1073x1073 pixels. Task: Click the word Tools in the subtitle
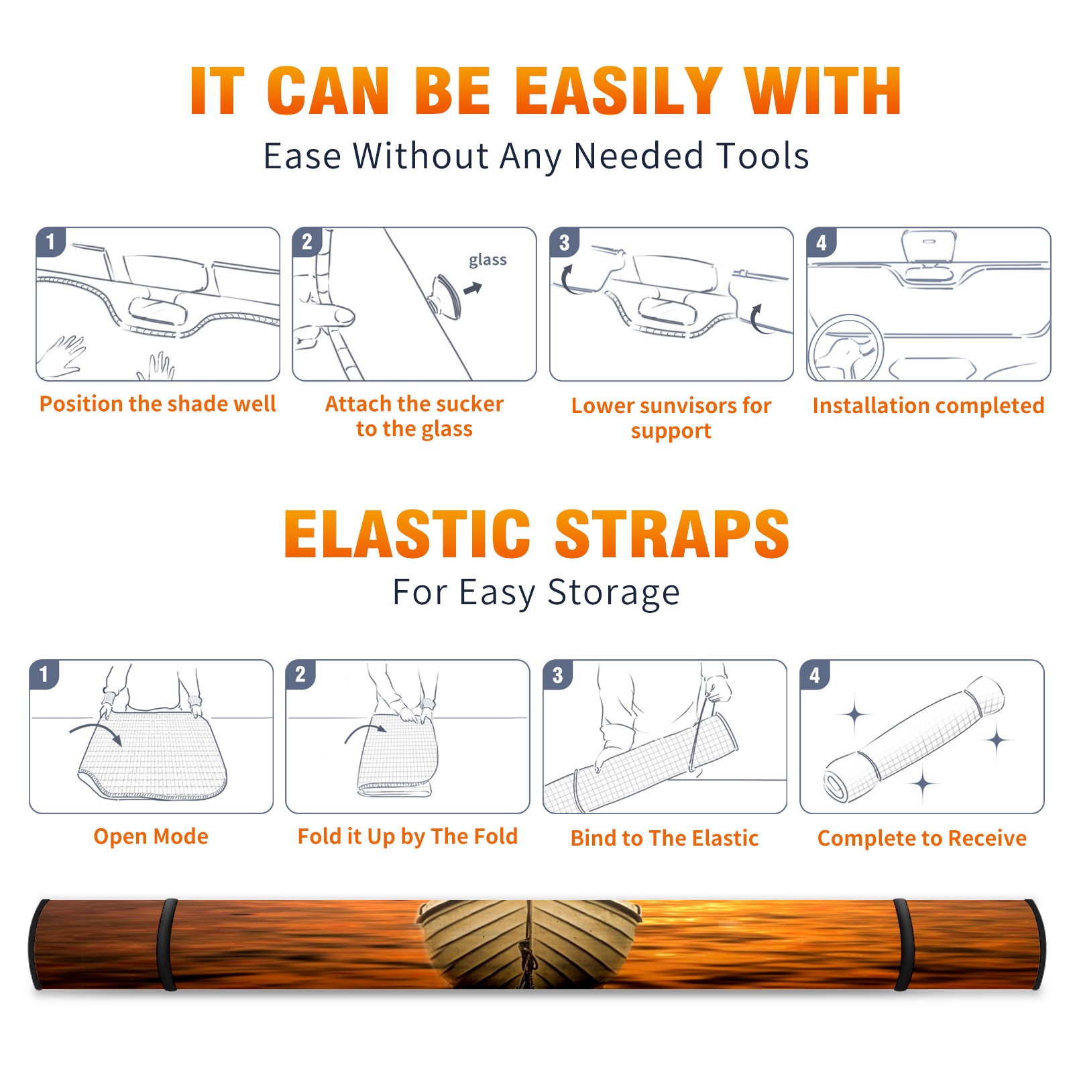(x=763, y=156)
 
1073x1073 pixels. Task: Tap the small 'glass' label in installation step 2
(x=488, y=260)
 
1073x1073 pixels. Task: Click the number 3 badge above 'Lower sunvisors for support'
(x=564, y=242)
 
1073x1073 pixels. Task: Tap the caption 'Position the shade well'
(x=158, y=404)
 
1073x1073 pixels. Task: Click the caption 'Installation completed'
(x=928, y=405)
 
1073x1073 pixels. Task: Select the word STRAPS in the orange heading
(x=672, y=534)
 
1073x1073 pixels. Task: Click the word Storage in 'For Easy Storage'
(x=614, y=593)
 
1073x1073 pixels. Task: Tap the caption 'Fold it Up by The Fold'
(x=408, y=836)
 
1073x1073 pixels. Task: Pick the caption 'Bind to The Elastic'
(x=665, y=838)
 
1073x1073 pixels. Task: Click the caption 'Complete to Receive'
(x=922, y=838)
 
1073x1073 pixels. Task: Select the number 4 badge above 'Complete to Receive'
(x=815, y=675)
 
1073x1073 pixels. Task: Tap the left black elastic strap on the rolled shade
(x=167, y=944)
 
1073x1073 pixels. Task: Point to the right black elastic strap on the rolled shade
(x=904, y=944)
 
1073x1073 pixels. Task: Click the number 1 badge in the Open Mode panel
(x=44, y=675)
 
